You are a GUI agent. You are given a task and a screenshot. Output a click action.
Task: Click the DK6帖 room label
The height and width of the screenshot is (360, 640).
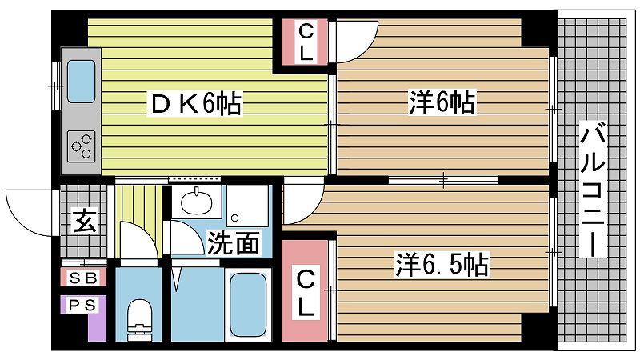(194, 103)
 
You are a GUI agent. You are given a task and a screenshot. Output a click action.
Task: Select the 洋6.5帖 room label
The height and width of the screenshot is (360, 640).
(442, 264)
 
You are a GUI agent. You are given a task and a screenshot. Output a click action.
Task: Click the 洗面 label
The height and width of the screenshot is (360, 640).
(233, 242)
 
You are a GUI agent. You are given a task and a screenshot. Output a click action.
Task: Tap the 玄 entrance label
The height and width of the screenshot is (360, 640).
(83, 220)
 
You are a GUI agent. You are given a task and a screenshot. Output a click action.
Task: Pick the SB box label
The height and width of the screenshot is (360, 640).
(82, 278)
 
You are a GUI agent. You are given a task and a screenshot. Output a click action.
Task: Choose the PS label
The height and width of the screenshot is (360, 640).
(82, 305)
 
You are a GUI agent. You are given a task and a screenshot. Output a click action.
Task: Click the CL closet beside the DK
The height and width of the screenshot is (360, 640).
(306, 42)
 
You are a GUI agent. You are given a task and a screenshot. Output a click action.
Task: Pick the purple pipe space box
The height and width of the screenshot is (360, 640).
(83, 318)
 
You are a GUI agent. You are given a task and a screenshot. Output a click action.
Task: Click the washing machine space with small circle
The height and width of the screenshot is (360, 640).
(246, 206)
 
